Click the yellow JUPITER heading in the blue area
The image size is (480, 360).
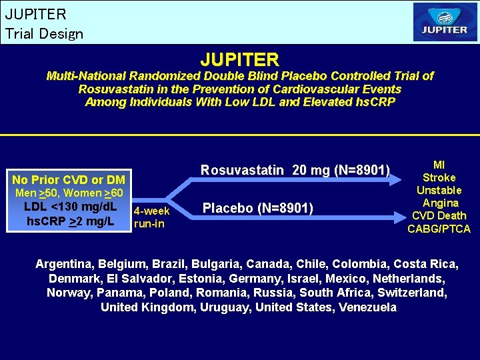pos(240,60)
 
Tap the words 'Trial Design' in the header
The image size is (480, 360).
pos(44,33)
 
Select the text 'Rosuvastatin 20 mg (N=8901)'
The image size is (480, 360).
pos(295,170)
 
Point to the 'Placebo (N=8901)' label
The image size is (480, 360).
pos(258,208)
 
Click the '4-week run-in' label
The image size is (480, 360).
pos(151,217)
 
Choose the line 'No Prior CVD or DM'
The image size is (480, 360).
pos(69,180)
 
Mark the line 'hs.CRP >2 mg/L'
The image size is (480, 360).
pos(69,221)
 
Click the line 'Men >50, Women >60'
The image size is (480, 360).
pos(69,193)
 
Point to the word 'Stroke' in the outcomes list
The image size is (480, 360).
pos(439,177)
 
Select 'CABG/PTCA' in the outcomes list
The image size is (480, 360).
pos(439,229)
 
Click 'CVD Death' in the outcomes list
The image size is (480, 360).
pos(439,215)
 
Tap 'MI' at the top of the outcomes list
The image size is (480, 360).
pos(439,165)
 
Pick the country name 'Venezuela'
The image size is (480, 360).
pos(368,307)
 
